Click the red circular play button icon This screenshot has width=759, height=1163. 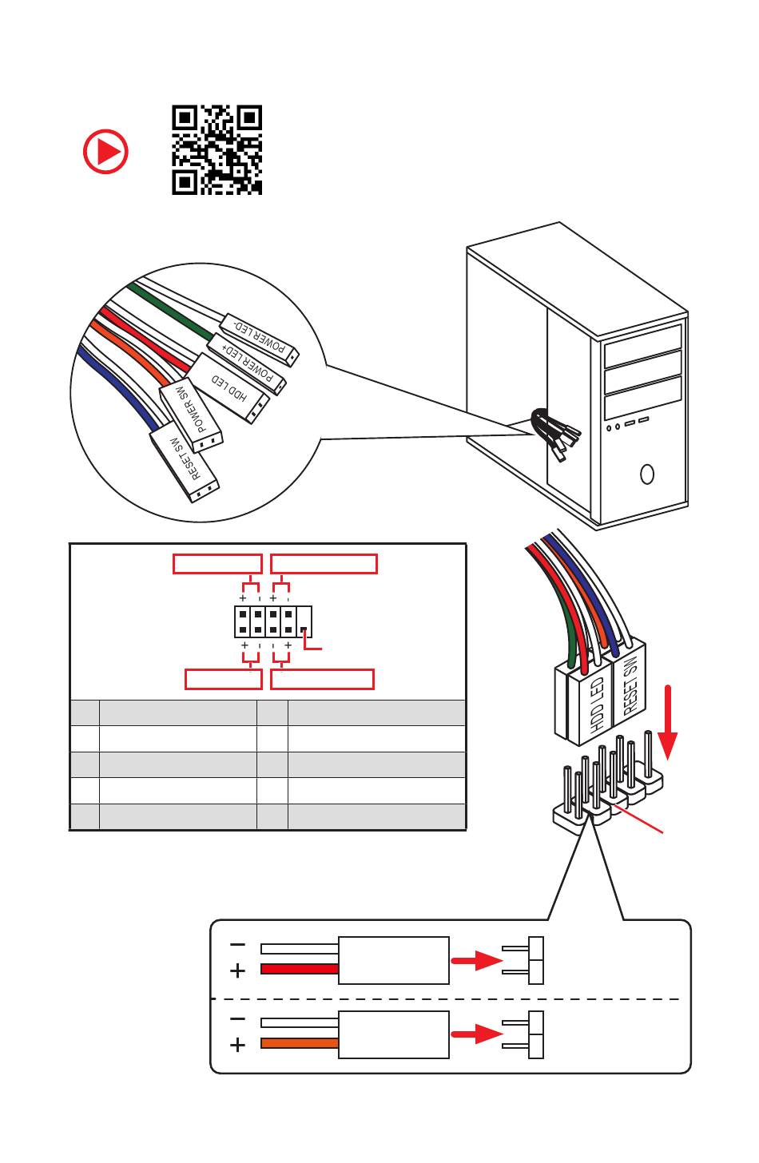(x=105, y=152)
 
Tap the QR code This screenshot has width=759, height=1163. (x=217, y=150)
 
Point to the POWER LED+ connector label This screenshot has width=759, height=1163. (x=247, y=363)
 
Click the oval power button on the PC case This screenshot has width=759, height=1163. (x=647, y=474)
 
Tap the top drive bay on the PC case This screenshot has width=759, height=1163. (x=643, y=345)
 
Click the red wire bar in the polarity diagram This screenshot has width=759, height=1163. (x=300, y=969)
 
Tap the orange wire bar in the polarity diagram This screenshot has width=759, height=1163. (x=300, y=1043)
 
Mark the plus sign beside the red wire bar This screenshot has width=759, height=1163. (x=237, y=970)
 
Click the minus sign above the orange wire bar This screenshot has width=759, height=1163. (x=237, y=1019)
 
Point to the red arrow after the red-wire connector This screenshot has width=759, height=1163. (x=477, y=960)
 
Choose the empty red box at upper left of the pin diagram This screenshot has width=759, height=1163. (x=217, y=564)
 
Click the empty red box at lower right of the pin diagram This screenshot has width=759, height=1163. (x=322, y=679)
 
